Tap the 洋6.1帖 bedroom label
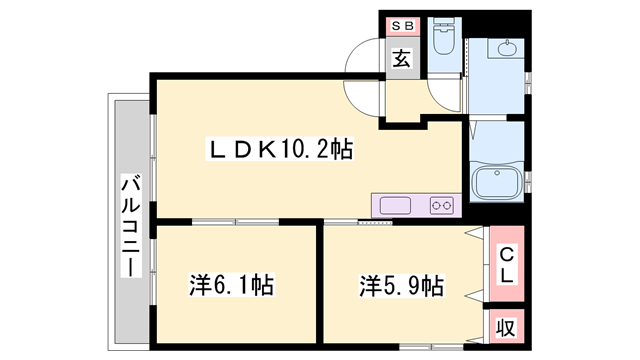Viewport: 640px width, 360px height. (231, 285)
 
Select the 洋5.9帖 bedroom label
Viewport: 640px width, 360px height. (401, 285)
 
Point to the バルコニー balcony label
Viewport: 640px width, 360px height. (130, 225)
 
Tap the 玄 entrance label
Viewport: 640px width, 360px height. (400, 58)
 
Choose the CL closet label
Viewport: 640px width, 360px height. (507, 262)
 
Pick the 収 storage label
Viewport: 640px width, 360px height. (507, 326)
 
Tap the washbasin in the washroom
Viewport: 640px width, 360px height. (506, 50)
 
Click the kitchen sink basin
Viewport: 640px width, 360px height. (395, 205)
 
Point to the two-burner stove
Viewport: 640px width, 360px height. (442, 205)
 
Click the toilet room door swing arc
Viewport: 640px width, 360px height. (440, 100)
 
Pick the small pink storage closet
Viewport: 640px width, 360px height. (507, 326)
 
